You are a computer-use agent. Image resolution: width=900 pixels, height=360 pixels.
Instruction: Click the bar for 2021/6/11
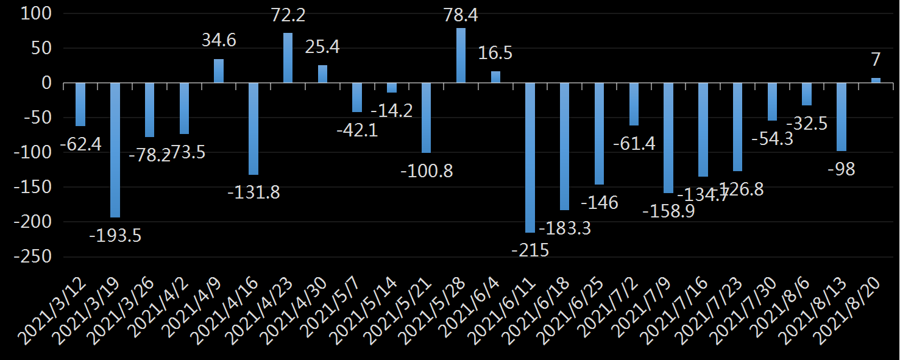coord(530,158)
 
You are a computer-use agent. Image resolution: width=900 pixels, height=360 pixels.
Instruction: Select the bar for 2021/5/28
coord(461,55)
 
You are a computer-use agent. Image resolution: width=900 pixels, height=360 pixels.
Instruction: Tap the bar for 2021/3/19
coord(115,150)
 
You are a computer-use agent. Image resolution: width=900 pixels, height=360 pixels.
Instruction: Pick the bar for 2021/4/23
coord(288,58)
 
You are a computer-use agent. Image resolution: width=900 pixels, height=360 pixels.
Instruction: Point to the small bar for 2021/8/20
coord(876,80)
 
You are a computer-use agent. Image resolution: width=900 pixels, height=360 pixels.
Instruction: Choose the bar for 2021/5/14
coord(392,88)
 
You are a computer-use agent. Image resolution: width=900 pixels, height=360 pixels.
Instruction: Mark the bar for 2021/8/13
coord(842,117)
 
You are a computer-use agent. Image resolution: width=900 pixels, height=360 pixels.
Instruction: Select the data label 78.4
coord(461,15)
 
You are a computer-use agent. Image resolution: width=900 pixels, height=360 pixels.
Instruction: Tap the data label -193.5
coord(115,235)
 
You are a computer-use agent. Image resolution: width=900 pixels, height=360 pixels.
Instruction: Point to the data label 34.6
coord(219,41)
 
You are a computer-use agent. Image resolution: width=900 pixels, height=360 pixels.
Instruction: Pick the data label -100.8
coord(427,171)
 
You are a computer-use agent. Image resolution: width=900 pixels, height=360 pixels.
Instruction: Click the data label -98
coord(842,169)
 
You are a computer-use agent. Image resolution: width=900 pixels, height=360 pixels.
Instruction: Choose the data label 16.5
coord(495,53)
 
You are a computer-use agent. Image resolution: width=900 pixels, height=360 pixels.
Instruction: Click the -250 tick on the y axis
coord(35,257)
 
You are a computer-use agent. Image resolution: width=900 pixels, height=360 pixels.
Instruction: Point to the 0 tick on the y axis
coord(51,83)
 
